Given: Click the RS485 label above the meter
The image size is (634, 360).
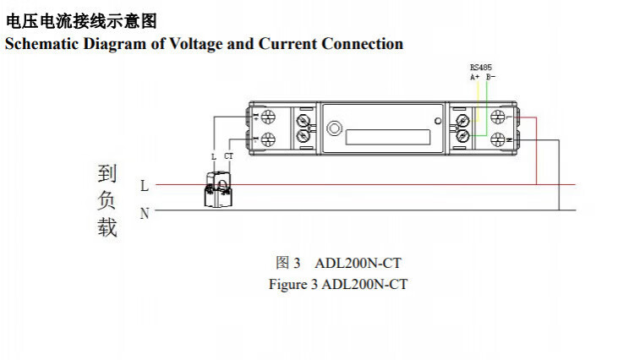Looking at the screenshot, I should pyautogui.click(x=481, y=68).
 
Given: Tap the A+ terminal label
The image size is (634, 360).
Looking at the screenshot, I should pyautogui.click(x=475, y=77).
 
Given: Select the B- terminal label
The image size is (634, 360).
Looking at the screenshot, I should pyautogui.click(x=489, y=77).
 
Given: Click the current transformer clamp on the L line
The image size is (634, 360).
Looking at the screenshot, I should pyautogui.click(x=220, y=191).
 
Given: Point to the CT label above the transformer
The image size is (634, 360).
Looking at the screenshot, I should pyautogui.click(x=228, y=157).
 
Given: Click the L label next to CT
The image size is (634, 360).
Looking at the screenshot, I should pyautogui.click(x=214, y=157).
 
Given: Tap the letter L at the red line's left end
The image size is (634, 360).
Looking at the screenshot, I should pyautogui.click(x=145, y=185).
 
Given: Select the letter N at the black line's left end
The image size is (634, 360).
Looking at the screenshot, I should pyautogui.click(x=145, y=214).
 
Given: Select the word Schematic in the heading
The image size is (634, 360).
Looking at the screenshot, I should pyautogui.click(x=41, y=44).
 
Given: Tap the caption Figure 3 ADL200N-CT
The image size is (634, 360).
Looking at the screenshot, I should pyautogui.click(x=338, y=284).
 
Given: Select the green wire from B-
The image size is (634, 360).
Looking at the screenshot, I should pyautogui.click(x=487, y=106).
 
